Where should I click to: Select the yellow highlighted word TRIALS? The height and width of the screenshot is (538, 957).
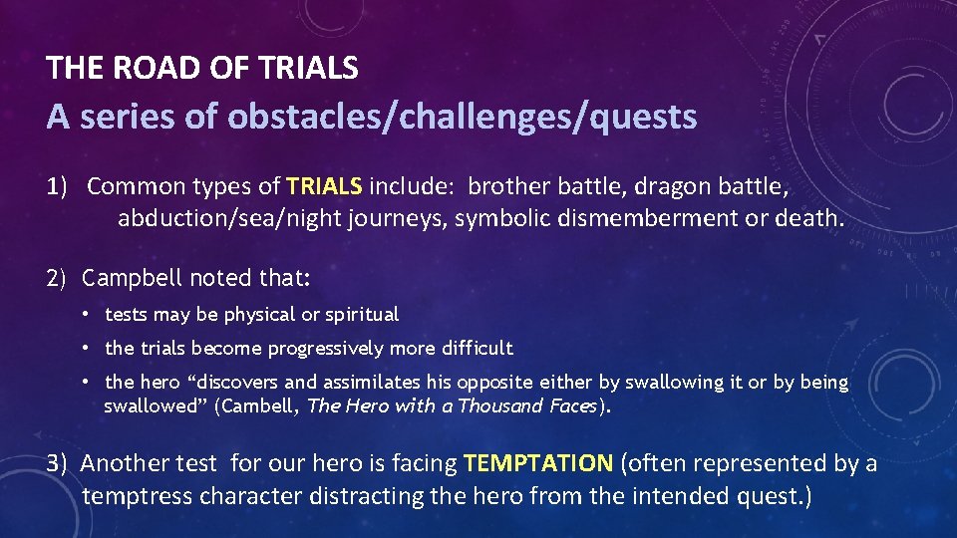[x=325, y=185]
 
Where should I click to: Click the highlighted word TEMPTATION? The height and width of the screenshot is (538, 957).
[x=538, y=463]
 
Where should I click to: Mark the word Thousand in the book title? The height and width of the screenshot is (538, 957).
[x=511, y=405]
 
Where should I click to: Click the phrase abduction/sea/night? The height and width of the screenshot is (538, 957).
[x=229, y=217]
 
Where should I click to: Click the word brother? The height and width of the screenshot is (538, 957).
[x=505, y=185]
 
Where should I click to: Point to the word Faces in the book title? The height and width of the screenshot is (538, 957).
[x=574, y=405]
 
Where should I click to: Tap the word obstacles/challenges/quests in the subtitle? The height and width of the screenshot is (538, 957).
[x=462, y=117]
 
